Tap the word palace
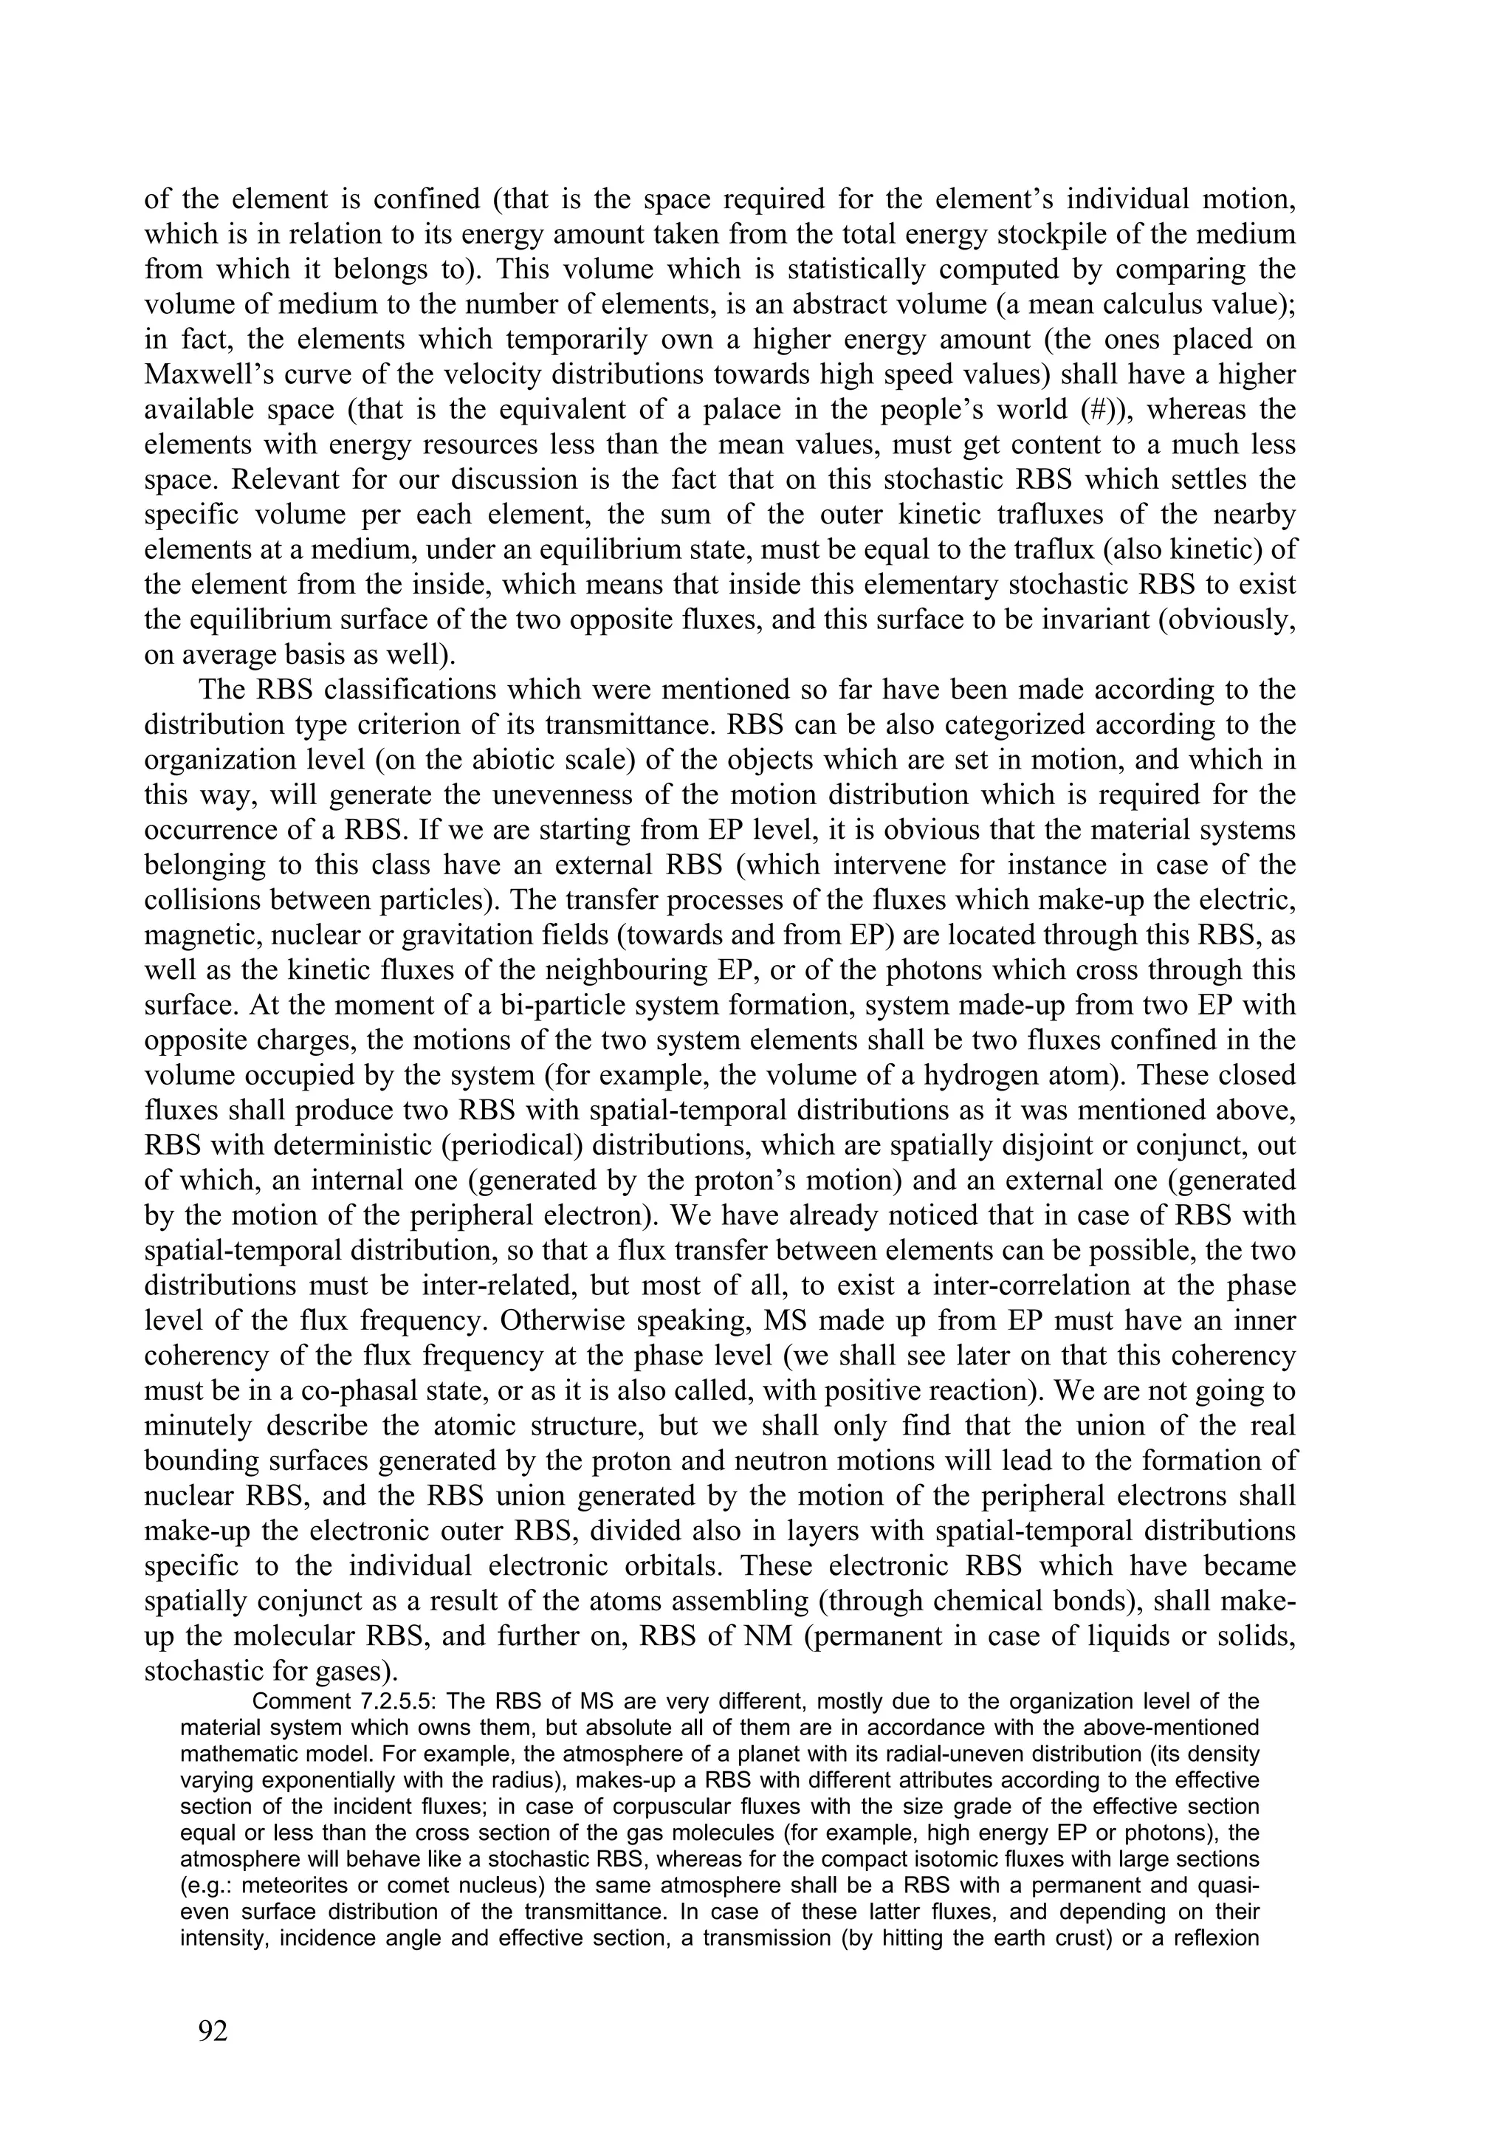[769, 410]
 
